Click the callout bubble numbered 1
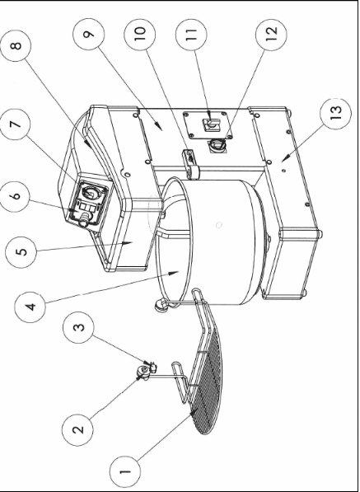125,471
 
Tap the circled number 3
78,327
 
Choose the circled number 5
21,252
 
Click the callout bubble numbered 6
16,196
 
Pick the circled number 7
15,124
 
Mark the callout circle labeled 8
16,46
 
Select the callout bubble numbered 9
89,34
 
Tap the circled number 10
139,34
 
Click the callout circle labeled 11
191,34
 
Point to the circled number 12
271,34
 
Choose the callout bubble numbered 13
335,113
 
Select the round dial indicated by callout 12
216,145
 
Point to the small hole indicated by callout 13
283,171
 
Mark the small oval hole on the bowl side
219,225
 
